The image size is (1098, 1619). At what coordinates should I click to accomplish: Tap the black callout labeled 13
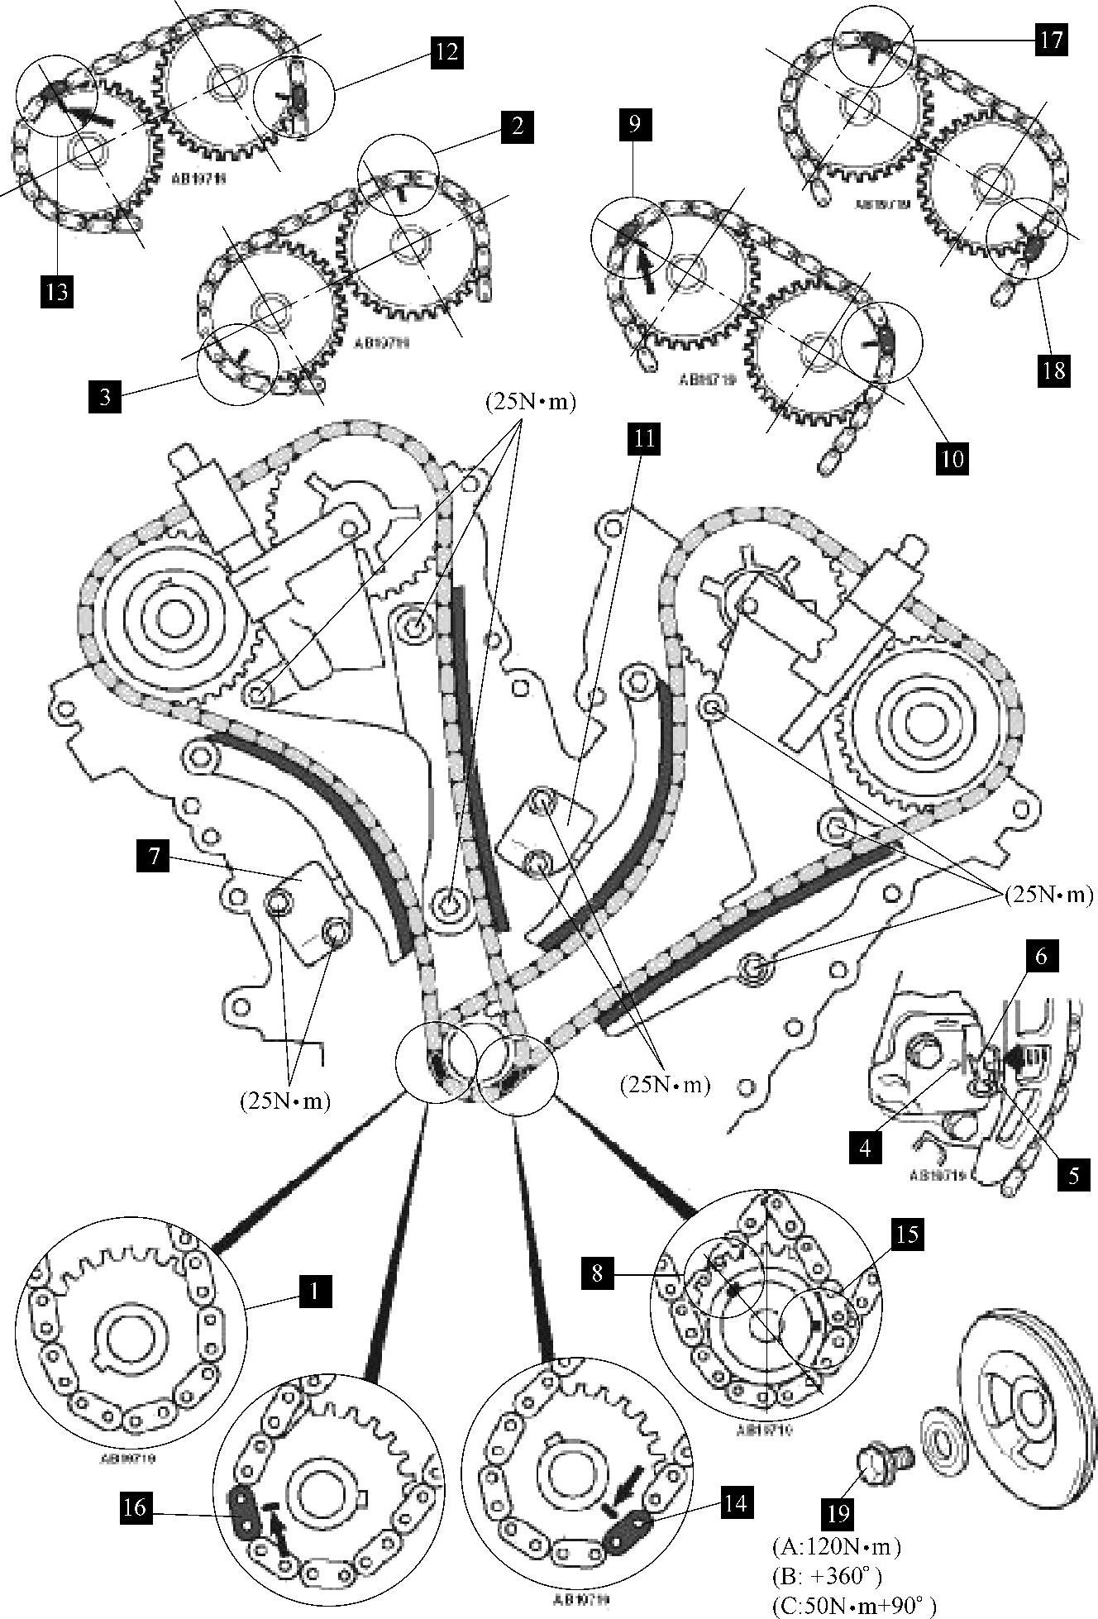pyautogui.click(x=56, y=292)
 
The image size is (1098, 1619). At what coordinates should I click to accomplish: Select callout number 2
pyautogui.click(x=517, y=127)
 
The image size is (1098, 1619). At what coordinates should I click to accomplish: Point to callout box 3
pyautogui.click(x=105, y=396)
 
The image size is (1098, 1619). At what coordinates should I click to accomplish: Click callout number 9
pyautogui.click(x=634, y=126)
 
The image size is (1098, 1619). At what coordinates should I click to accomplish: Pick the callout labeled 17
pyautogui.click(x=1051, y=40)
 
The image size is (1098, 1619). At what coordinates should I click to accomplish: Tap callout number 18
pyautogui.click(x=1054, y=370)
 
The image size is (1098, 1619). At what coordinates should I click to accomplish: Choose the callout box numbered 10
pyautogui.click(x=953, y=458)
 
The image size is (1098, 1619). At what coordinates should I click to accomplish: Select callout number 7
pyautogui.click(x=155, y=858)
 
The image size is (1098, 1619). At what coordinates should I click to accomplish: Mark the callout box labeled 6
pyautogui.click(x=1041, y=957)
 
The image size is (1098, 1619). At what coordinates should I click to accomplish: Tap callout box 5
pyautogui.click(x=1073, y=1176)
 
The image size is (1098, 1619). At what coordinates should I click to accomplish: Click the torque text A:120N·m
pyautogui.click(x=836, y=1545)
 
